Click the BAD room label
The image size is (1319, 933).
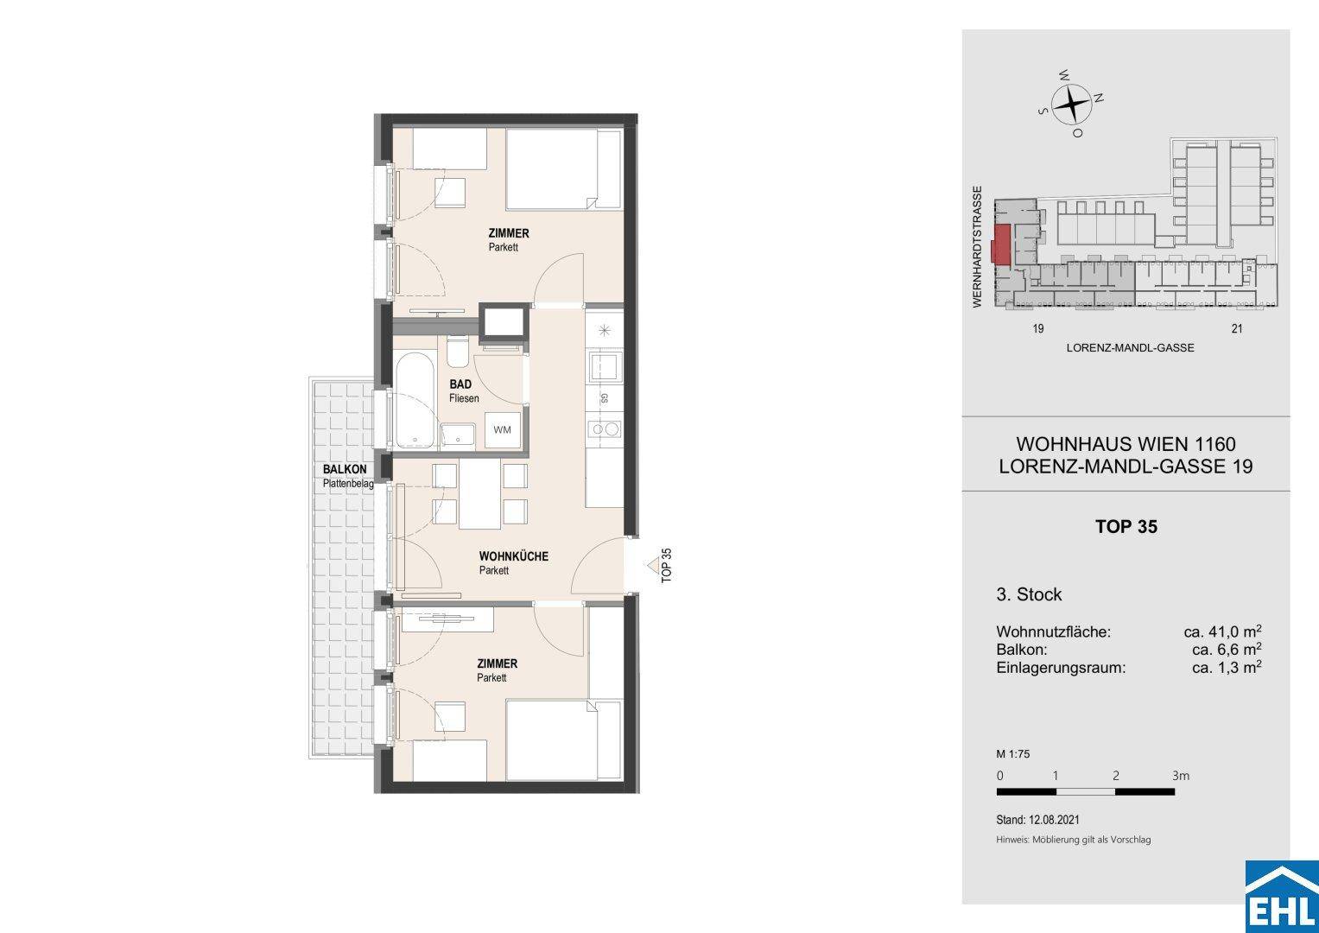tap(460, 384)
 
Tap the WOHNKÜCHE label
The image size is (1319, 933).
tap(513, 556)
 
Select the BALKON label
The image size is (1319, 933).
tap(345, 469)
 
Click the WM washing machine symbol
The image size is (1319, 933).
tap(502, 430)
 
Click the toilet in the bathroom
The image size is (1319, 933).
tap(457, 351)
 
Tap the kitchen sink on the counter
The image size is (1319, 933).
tap(604, 368)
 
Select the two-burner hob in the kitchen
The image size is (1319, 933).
tap(605, 428)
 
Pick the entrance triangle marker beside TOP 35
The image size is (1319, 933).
tap(653, 566)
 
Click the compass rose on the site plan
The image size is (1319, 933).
tap(1071, 105)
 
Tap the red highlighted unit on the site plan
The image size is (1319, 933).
tap(1001, 244)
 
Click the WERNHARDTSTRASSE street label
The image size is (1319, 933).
tap(978, 247)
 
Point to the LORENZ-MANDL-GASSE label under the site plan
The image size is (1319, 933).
tap(1130, 348)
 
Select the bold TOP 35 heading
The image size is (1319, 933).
tap(1126, 526)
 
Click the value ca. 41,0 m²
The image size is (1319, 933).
tap(1222, 632)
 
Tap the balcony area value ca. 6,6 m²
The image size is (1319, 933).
tap(1227, 649)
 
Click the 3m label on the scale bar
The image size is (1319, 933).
tap(1181, 776)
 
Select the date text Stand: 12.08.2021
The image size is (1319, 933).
tap(1037, 819)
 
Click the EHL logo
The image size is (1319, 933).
tap(1282, 897)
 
